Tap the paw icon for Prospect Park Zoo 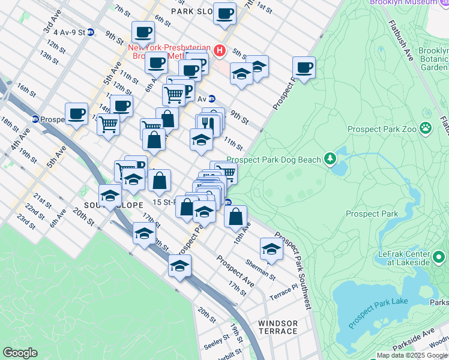click(426, 128)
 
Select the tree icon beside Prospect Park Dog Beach click(330, 158)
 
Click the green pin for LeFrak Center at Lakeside click(439, 258)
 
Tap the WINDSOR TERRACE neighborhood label click(277, 327)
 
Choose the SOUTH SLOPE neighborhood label click(106, 205)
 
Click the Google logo click(20, 353)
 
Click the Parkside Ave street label click(414, 339)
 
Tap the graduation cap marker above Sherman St click(271, 248)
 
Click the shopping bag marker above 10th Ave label click(236, 215)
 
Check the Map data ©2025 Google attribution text click(412, 355)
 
